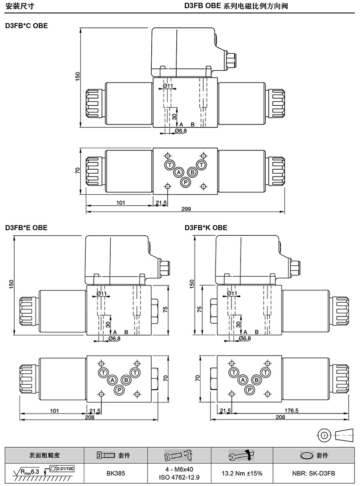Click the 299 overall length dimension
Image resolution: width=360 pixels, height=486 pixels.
(x=186, y=209)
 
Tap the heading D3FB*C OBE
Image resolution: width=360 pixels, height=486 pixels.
(x=26, y=26)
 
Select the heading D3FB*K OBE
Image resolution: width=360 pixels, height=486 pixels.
(x=206, y=228)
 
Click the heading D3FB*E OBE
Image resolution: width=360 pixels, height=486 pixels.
(x=26, y=228)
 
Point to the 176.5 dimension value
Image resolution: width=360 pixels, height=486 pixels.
(x=292, y=411)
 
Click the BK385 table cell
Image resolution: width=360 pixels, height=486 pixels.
(x=116, y=474)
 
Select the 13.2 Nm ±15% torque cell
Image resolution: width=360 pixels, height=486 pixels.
(x=242, y=474)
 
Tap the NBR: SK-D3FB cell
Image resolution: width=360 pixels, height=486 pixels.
(x=314, y=474)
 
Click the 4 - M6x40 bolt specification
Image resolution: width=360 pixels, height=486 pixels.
(x=179, y=470)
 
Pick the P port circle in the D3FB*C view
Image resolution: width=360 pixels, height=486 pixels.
(x=185, y=182)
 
